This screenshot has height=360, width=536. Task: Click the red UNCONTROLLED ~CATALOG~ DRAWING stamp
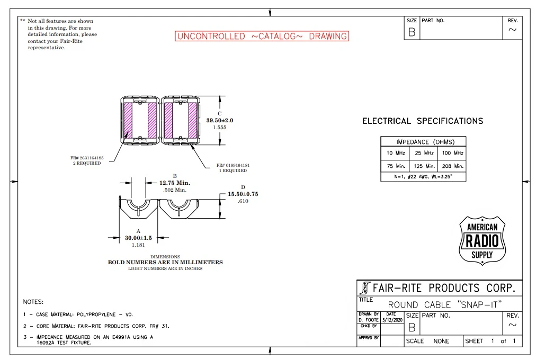(x=262, y=36)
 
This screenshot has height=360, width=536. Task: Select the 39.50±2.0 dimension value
(x=219, y=120)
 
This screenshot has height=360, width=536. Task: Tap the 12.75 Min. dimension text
(x=175, y=183)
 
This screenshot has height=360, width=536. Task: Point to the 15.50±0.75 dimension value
(x=243, y=194)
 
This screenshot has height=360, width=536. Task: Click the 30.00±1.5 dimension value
(x=138, y=238)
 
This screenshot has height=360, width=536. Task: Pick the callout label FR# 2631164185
(x=87, y=158)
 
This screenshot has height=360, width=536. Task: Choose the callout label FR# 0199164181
(x=233, y=165)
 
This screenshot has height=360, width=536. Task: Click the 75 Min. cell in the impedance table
(x=396, y=166)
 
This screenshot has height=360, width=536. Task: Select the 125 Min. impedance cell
(x=424, y=166)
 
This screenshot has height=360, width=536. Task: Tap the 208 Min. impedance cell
(x=453, y=166)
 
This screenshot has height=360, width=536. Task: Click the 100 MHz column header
(x=453, y=153)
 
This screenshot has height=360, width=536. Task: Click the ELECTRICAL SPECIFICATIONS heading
(x=423, y=121)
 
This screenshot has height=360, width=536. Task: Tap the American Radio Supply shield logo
(x=482, y=240)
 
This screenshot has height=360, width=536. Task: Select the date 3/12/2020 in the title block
(x=392, y=320)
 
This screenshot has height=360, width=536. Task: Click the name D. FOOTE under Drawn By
(x=369, y=320)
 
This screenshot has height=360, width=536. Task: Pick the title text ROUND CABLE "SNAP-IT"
(x=445, y=304)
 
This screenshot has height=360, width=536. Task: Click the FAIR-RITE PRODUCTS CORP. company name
(x=444, y=288)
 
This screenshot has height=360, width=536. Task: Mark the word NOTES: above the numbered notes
(x=33, y=302)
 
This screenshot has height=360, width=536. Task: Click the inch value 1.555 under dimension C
(x=219, y=128)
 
